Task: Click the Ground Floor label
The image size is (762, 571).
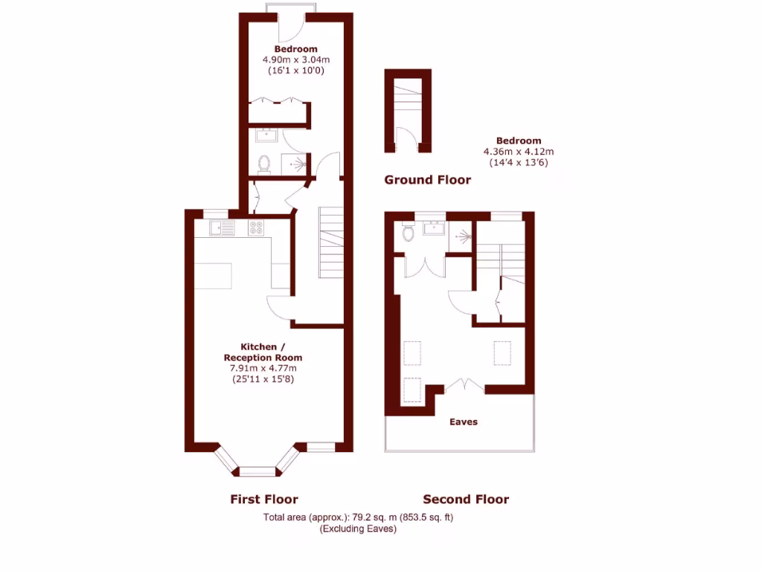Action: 427,180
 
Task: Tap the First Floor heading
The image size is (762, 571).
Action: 263,500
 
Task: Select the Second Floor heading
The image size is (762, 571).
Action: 466,500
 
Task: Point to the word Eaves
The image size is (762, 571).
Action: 464,422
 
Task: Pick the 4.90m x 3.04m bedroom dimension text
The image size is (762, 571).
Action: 295,60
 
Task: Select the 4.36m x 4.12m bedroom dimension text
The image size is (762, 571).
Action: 519,152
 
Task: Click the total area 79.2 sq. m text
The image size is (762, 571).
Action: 358,517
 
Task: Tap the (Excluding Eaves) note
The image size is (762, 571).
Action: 358,529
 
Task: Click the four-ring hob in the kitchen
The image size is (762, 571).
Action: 257,228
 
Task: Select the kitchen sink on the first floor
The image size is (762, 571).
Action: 222,228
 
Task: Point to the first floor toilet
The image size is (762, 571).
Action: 263,164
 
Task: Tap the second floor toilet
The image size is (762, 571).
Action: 407,233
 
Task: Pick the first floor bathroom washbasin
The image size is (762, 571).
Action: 266,135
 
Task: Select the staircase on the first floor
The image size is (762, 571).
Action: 331,242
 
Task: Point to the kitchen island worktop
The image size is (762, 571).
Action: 213,277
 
